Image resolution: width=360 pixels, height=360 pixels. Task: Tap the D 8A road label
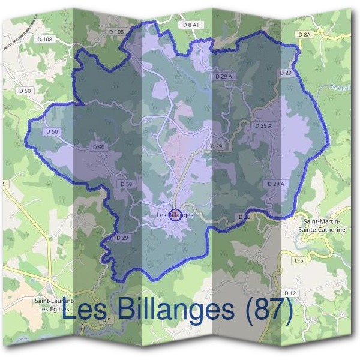tap(305, 35)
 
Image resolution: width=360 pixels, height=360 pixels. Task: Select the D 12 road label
tap(290, 292)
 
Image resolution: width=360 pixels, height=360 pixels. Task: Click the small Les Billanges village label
tap(175, 214)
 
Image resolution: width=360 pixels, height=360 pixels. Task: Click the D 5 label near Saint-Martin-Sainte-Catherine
tap(299, 261)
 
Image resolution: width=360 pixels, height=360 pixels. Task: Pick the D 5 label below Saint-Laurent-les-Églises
tap(107, 320)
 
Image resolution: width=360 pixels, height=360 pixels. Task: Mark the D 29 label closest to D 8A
tap(286, 73)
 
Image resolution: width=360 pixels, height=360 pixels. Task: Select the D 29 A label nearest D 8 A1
tap(223, 76)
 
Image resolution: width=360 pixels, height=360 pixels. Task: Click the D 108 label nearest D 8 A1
tap(116, 31)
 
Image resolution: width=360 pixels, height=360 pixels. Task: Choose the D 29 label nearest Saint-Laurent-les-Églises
tap(122, 238)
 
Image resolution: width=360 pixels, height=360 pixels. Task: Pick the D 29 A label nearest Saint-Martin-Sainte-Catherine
tap(275, 184)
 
